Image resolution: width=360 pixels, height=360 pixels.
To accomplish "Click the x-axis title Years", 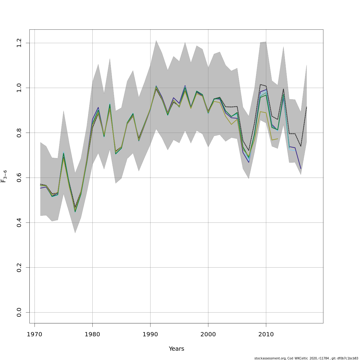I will click(176, 349).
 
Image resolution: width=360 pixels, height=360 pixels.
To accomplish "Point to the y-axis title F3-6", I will click(4, 176).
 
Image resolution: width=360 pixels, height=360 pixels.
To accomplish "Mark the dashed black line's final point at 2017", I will click(307, 107).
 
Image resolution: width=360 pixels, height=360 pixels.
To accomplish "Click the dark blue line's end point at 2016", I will click(301, 169).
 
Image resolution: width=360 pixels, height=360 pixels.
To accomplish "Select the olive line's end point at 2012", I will click(277, 139).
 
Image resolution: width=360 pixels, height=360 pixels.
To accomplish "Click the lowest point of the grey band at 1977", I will click(75, 233).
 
